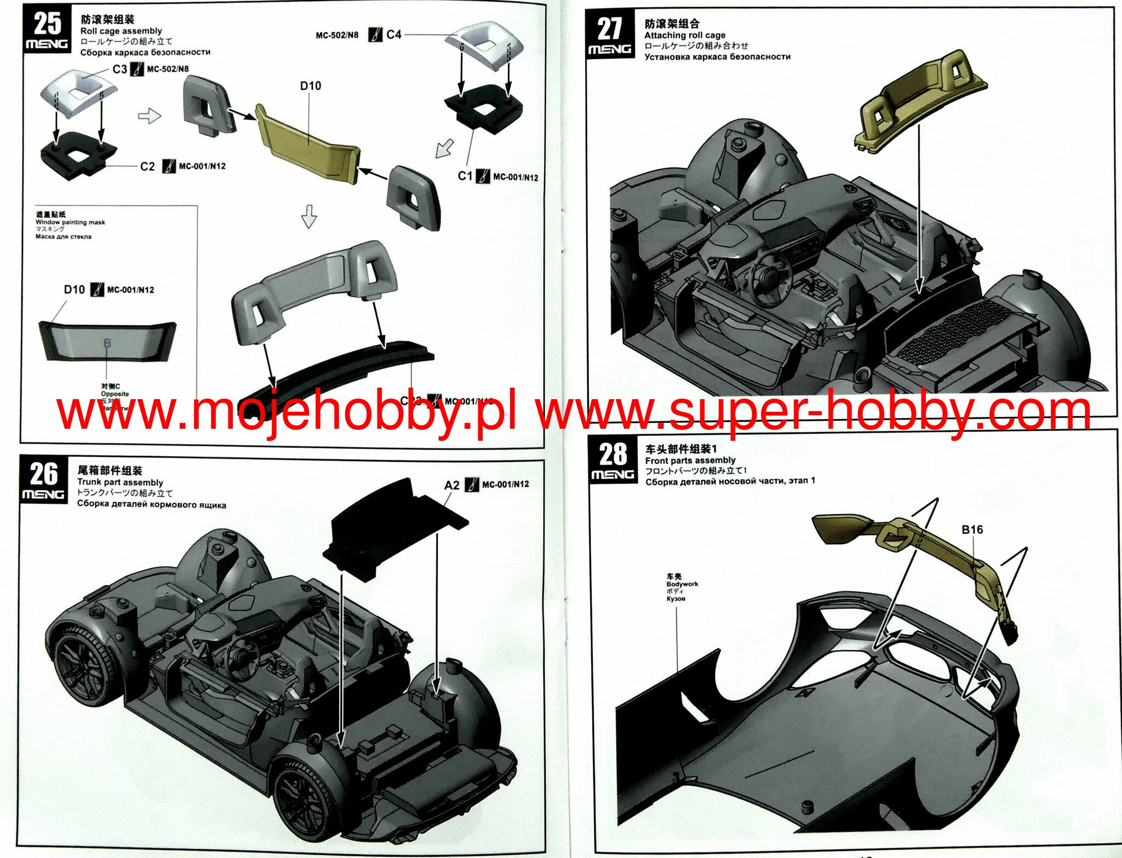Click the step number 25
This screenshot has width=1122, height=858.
point(47,24)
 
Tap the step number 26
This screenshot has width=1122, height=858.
point(43,474)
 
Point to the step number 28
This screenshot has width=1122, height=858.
point(612,454)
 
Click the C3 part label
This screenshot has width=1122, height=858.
point(119,69)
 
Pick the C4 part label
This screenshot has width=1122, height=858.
point(393,34)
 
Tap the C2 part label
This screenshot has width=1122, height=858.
point(147,166)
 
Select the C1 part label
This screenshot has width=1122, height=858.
point(465,176)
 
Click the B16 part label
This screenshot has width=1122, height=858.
point(972,529)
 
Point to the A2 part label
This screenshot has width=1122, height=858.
point(451,485)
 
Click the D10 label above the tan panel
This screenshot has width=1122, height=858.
point(310,86)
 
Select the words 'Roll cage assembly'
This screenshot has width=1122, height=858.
point(121,31)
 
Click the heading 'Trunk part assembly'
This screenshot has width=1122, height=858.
point(120,482)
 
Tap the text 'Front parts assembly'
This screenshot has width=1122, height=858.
point(690,460)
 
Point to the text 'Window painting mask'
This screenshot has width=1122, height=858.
point(70,222)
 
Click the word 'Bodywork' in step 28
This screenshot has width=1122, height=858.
point(682,584)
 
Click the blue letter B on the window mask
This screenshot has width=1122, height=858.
point(107,343)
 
